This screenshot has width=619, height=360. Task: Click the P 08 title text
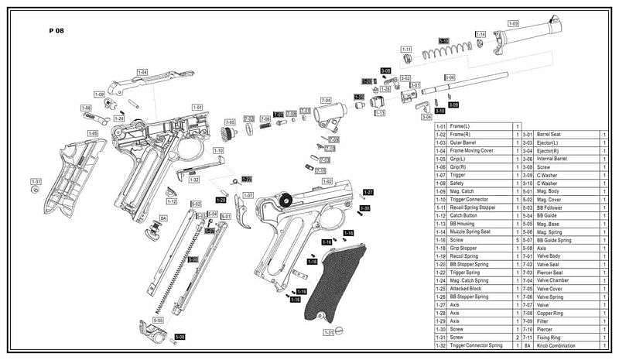click(x=56, y=33)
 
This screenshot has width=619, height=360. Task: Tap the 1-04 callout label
click(x=142, y=72)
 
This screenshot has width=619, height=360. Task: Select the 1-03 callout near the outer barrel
click(x=512, y=24)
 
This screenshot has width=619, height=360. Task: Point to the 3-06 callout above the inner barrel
click(x=450, y=77)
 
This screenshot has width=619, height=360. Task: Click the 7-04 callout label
click(x=326, y=101)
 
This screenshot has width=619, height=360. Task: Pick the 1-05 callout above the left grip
click(x=93, y=133)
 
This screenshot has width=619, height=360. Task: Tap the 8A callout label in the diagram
click(x=163, y=218)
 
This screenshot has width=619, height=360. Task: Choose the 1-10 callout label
click(x=218, y=150)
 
